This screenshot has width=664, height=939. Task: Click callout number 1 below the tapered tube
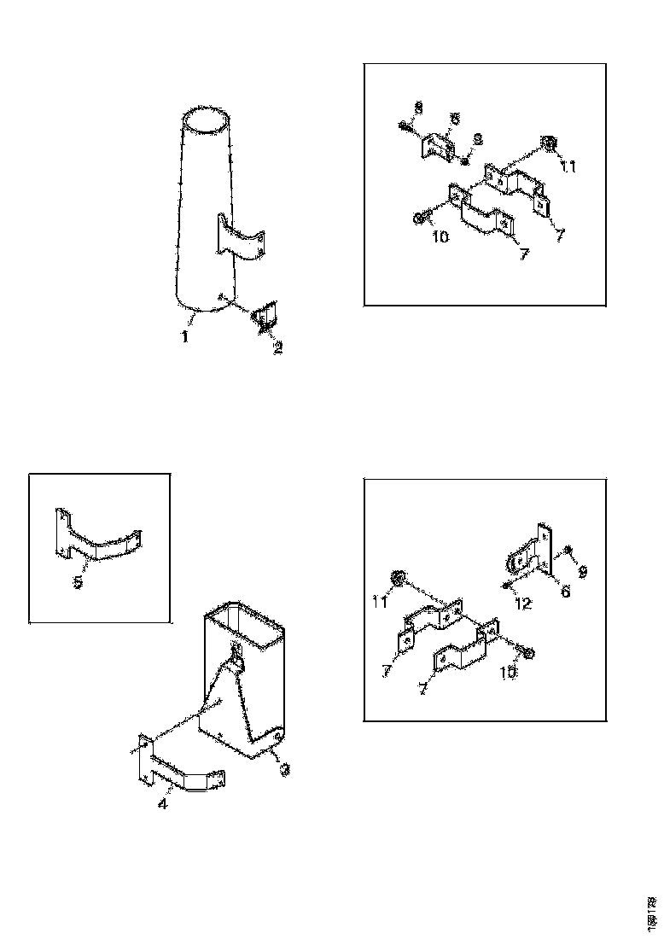point(183,337)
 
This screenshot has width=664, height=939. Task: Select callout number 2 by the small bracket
point(277,347)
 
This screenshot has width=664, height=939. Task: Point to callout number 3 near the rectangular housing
point(286,769)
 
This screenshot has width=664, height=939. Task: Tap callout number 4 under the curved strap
point(163,803)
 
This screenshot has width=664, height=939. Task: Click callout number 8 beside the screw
point(418,108)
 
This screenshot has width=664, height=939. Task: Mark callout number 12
point(522,603)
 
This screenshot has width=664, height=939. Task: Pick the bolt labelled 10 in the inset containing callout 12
point(526,653)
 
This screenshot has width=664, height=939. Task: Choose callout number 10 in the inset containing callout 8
point(440,236)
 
